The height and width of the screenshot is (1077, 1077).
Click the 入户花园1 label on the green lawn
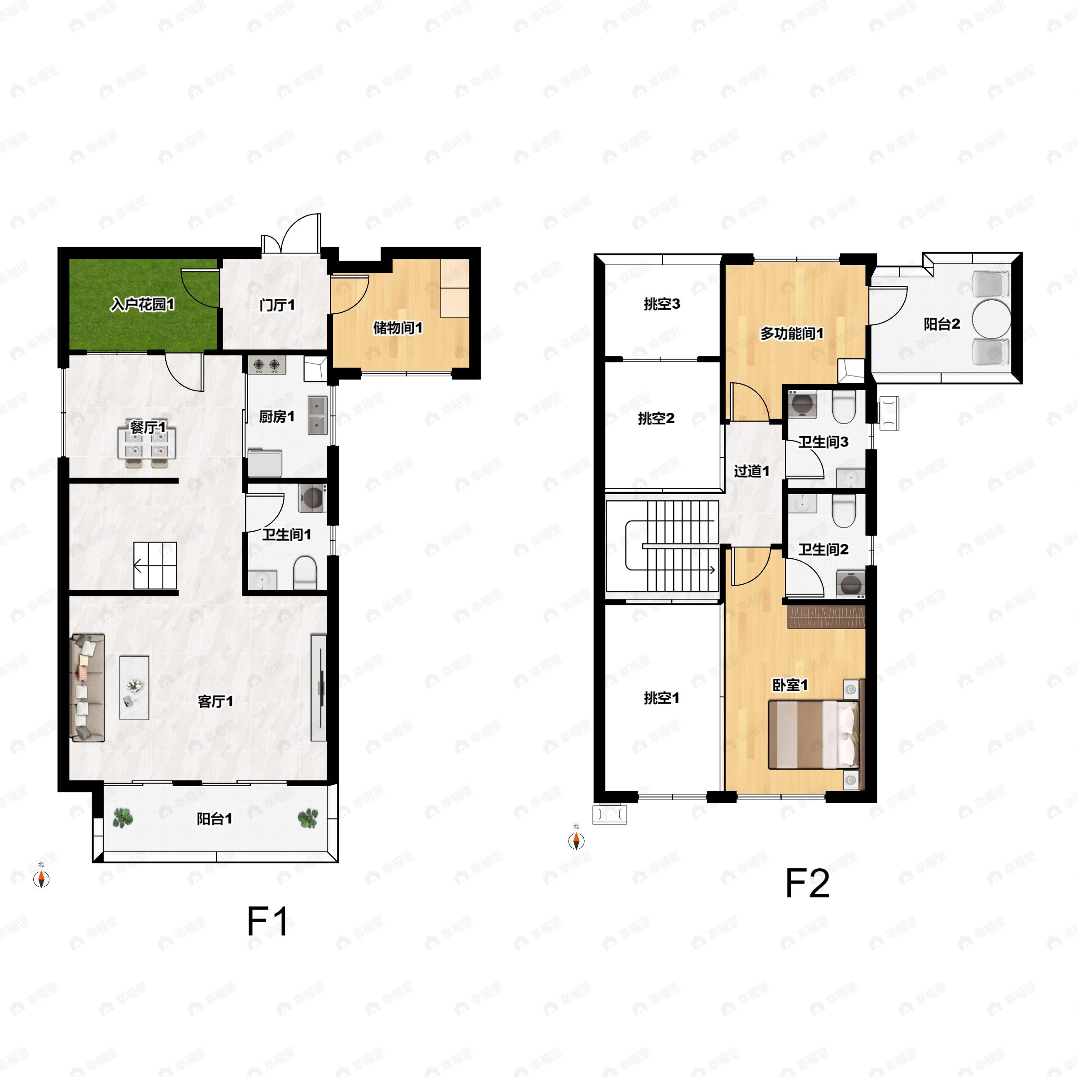143,304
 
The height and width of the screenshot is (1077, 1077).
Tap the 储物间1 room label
398,328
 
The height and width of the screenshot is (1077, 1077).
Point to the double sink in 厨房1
318,415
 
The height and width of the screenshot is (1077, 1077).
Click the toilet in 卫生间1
305,571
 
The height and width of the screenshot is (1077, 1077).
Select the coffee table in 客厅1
134,687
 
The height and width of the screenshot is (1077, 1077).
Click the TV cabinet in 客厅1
319,687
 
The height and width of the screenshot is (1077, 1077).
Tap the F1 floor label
267,921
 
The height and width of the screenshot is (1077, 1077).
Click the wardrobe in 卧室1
826,617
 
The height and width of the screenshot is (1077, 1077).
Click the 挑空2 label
656,418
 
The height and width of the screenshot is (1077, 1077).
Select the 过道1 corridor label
752,471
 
